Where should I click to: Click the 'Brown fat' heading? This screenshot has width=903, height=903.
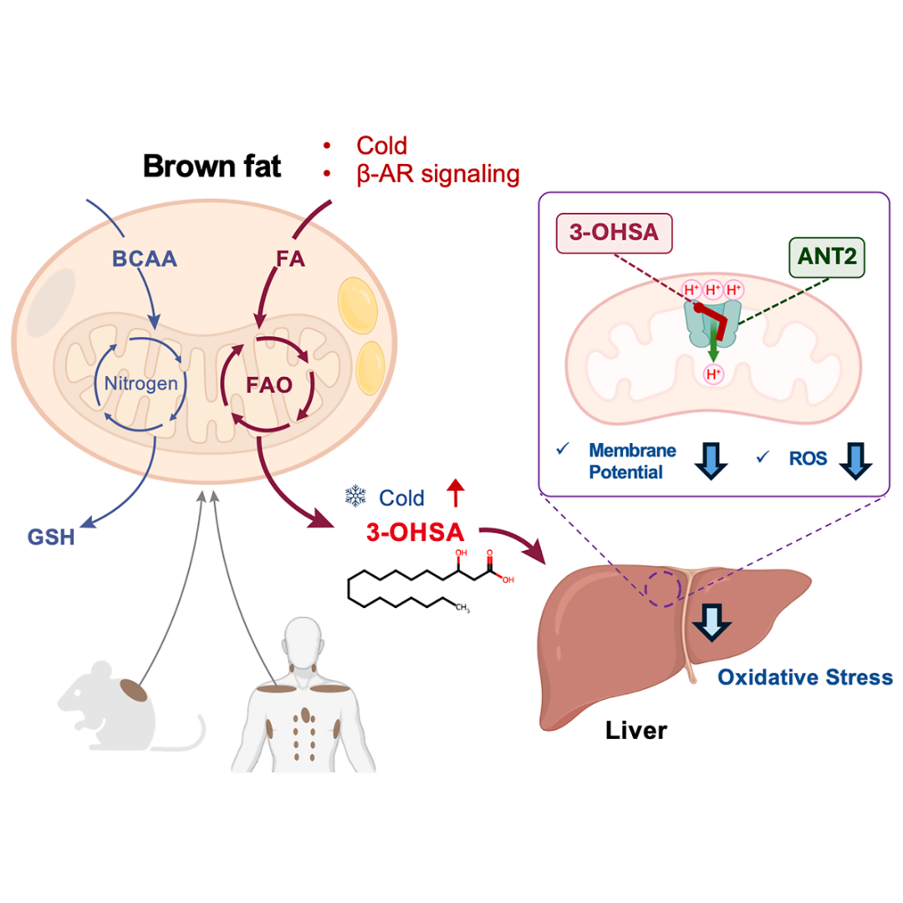[212, 166]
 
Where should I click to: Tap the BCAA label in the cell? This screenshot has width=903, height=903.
[145, 258]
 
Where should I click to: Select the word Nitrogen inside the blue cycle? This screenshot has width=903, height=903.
[141, 383]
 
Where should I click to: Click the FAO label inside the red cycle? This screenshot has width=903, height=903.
[269, 385]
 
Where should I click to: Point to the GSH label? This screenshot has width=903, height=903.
[51, 537]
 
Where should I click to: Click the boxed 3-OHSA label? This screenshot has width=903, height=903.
[614, 232]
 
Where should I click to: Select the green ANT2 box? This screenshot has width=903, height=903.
[826, 257]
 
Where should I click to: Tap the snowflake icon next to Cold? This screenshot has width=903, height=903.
[355, 496]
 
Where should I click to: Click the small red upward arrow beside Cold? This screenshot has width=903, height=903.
[456, 493]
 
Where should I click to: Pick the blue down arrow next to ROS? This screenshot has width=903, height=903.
[856, 461]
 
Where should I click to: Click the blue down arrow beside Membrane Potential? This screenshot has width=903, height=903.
[712, 461]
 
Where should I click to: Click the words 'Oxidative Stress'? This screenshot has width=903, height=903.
[805, 677]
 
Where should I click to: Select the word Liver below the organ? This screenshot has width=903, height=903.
[635, 730]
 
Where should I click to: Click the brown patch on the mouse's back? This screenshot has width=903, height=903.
[134, 690]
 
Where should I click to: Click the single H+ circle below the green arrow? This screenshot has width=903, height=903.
[713, 375]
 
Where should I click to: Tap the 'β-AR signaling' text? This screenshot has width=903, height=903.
[437, 174]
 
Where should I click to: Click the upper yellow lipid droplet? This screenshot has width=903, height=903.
[358, 306]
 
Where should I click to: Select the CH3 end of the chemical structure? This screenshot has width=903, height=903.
[462, 608]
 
